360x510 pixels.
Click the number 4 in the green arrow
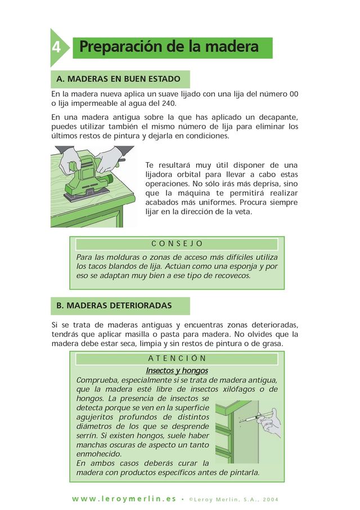[x=56, y=47]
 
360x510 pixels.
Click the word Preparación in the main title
[x=121, y=47]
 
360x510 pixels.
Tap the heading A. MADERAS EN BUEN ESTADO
[x=118, y=79]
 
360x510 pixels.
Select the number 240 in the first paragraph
[x=168, y=104]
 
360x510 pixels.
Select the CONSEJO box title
[x=177, y=244]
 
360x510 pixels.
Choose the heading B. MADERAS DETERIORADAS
[x=114, y=306]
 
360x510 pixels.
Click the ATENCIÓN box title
[x=177, y=359]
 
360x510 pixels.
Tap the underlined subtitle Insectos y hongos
[x=177, y=370]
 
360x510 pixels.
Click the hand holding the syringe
[x=269, y=423]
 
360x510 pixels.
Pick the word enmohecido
[x=99, y=454]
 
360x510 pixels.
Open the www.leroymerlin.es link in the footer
[x=124, y=499]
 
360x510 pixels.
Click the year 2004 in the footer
[x=271, y=500]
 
